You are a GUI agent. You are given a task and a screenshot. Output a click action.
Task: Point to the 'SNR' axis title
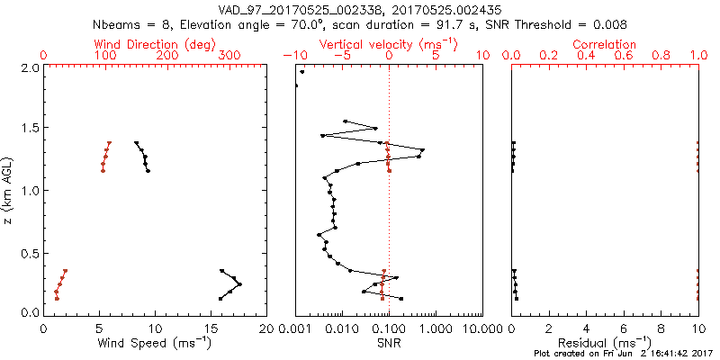(x=389, y=343)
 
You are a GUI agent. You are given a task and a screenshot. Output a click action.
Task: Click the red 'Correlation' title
(x=605, y=44)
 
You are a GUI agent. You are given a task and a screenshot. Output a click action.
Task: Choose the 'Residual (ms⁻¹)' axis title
(x=605, y=343)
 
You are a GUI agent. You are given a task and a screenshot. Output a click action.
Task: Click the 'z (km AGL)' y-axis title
(x=10, y=190)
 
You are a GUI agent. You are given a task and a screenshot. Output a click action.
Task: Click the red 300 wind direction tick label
(x=229, y=56)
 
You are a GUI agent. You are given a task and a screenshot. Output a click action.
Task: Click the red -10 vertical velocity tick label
(x=294, y=56)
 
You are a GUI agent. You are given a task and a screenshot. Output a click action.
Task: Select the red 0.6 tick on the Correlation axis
(x=624, y=56)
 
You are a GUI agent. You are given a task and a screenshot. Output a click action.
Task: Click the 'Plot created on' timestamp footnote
(x=623, y=355)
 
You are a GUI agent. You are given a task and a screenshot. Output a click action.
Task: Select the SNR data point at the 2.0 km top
(x=302, y=72)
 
